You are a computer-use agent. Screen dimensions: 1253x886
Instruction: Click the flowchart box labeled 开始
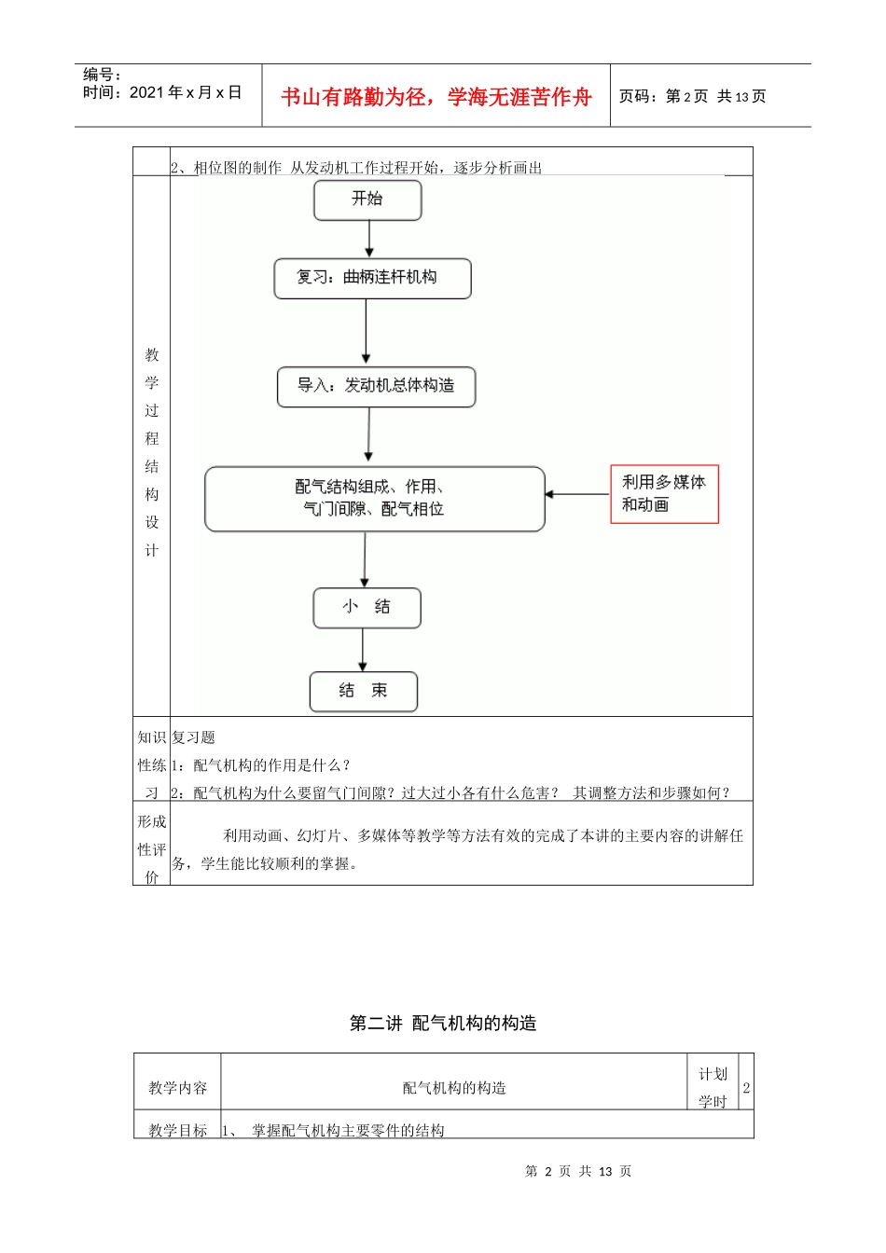pos(367,200)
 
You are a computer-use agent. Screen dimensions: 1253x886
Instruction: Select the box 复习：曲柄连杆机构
pos(372,278)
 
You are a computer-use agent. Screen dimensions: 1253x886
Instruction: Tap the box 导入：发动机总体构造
pos(376,386)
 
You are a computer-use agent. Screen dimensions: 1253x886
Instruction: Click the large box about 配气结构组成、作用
pos(374,499)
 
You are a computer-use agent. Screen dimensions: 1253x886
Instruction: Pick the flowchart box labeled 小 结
pos(367,608)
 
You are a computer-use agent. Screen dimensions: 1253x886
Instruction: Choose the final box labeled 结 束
pos(363,691)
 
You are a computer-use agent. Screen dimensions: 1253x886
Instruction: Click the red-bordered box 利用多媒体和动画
pos(664,494)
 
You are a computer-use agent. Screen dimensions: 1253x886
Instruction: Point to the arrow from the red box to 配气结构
pos(577,494)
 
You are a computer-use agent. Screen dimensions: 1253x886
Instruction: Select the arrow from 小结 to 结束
pos(363,650)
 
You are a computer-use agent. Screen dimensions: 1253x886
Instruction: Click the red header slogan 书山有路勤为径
pos(436,97)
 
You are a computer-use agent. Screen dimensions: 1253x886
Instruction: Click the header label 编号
pos(102,75)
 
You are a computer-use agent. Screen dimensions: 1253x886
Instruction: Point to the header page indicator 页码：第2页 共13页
pos(693,96)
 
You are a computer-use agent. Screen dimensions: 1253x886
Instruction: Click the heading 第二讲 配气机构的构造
pos(443,1024)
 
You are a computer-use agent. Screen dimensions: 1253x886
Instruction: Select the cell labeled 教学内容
pos(178,1088)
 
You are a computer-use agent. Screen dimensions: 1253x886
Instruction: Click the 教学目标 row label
pos(178,1130)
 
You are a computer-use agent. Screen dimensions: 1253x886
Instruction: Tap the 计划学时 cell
pos(713,1087)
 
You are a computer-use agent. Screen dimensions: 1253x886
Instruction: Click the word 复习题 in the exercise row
pos(194,737)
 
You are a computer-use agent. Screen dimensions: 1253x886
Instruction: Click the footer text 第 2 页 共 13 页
pos(578,1172)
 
